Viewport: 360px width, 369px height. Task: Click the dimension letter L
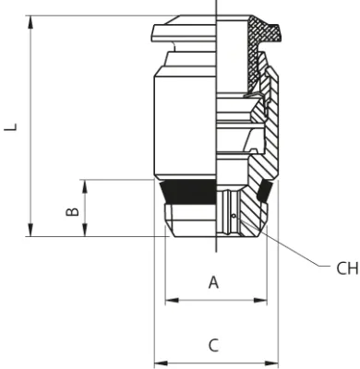pos(10,127)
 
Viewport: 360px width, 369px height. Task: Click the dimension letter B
pos(73,211)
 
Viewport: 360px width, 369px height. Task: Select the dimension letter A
pos(213,282)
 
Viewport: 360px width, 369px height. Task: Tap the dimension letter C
pos(213,345)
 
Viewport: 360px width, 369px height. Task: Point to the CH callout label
pos(347,268)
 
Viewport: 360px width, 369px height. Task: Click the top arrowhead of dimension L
pos(30,22)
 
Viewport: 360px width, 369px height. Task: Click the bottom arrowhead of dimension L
pos(30,230)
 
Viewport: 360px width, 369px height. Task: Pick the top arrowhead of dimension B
pos(85,186)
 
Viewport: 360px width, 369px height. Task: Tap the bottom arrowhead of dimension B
pos(85,230)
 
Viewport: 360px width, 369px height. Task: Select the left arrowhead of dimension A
pos(172,300)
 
